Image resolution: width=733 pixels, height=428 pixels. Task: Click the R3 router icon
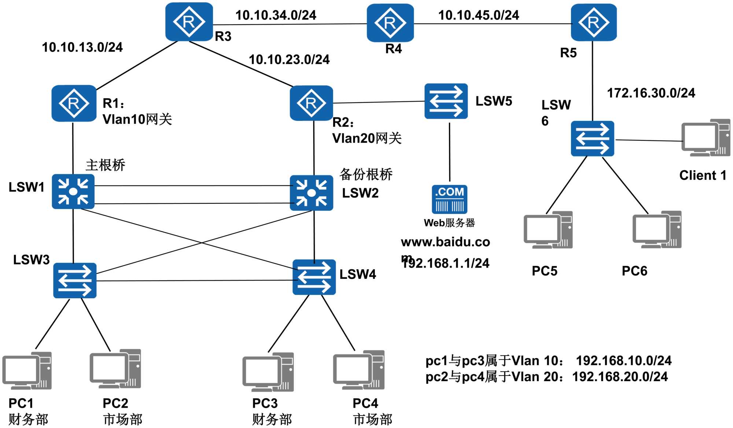189,22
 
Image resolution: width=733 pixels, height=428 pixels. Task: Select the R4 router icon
390,23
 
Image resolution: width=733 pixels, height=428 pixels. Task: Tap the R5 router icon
593,22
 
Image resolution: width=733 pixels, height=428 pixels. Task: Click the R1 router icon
74,103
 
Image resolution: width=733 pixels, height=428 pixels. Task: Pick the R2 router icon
311,103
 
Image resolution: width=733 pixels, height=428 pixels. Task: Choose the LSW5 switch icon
446,101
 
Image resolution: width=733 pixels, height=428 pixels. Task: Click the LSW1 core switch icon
73,191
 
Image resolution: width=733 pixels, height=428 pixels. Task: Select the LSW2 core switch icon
311,193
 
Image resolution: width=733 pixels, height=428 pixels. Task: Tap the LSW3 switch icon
75,280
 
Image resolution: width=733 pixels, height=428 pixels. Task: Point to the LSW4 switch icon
314,277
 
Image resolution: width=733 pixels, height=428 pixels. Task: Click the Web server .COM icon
449,199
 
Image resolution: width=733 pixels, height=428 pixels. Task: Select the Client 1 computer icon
705,137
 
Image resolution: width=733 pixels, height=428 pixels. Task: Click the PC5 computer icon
548,230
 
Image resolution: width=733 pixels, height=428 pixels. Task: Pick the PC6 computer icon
657,229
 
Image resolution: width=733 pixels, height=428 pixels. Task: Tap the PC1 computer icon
27,370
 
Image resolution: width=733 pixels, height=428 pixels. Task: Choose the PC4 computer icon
358,370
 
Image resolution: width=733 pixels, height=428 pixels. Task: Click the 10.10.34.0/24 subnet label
276,15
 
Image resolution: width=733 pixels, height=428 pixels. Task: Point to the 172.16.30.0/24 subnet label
651,93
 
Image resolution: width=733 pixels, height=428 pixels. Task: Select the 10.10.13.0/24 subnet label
82,47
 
